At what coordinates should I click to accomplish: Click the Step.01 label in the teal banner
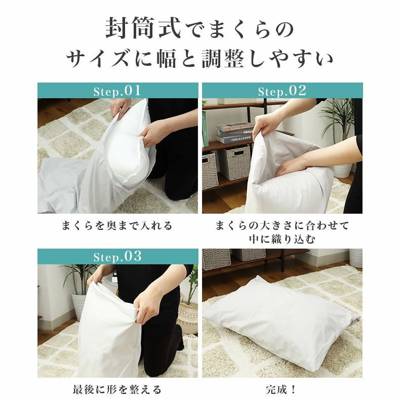[x=117, y=91]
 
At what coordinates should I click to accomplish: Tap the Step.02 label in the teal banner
[x=282, y=91]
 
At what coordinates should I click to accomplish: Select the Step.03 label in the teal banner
[x=117, y=257]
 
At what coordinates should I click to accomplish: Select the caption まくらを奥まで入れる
[x=117, y=225]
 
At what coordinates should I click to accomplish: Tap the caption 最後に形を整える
[x=117, y=389]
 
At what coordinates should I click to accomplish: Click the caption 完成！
[x=282, y=389]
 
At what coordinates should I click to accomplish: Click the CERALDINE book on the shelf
[x=234, y=139]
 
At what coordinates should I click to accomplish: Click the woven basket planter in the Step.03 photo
[x=188, y=317]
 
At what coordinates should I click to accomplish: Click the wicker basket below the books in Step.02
[x=234, y=162]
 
